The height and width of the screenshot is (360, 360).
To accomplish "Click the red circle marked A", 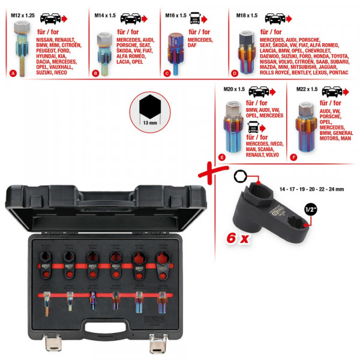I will [13, 74].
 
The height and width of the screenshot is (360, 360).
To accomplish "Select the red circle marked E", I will [222, 158].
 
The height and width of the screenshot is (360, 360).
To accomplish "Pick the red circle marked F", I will [293, 158].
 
